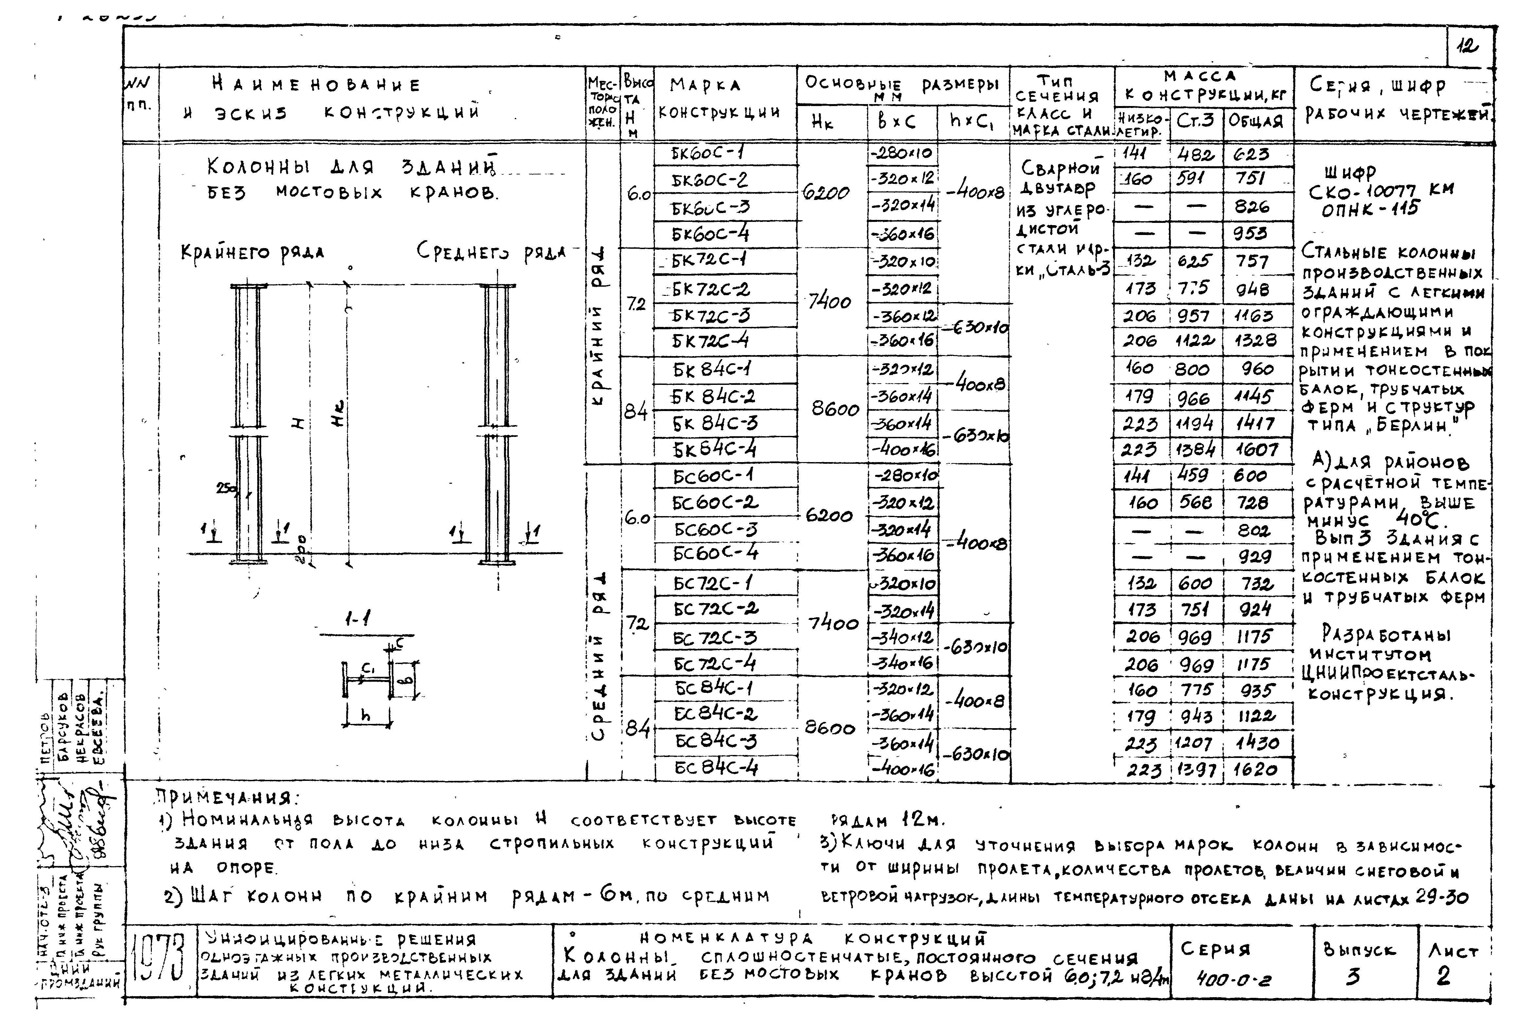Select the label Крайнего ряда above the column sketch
pos(252,252)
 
